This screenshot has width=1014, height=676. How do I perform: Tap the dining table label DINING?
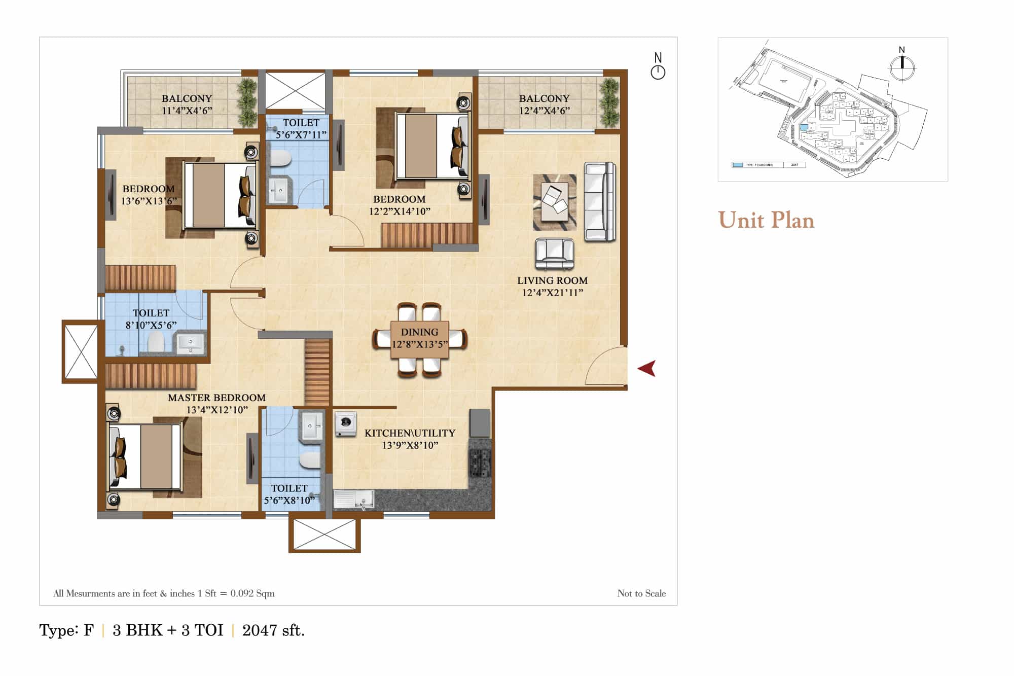[419, 332]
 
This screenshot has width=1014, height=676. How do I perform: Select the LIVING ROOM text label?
[552, 280]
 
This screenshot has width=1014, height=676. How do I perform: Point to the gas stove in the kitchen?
[480, 463]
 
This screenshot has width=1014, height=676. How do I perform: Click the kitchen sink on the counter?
[353, 499]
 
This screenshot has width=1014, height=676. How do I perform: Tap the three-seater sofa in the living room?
[600, 201]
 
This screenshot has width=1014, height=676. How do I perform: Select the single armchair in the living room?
[554, 254]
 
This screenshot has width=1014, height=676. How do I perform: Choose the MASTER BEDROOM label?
[216, 398]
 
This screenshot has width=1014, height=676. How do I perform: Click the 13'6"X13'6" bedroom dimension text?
[149, 201]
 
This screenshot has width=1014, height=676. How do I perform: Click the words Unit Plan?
[766, 220]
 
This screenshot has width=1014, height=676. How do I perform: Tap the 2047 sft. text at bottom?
[273, 630]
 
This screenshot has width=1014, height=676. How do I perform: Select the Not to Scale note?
[641, 593]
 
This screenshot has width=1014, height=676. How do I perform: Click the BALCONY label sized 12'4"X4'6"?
[544, 98]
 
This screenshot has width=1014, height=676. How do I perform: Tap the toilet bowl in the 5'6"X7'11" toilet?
[280, 159]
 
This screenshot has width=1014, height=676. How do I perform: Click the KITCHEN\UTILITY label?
[410, 433]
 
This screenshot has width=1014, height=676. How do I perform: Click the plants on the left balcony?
[247, 101]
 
